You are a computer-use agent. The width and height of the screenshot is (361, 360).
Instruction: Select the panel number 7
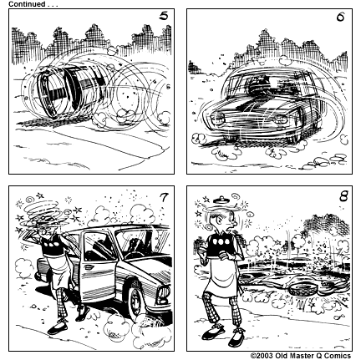tap(161, 197)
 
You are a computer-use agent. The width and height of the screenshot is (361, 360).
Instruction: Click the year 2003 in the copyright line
tap(267, 355)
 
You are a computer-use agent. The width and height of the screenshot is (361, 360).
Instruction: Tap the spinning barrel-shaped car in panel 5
tap(67, 96)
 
